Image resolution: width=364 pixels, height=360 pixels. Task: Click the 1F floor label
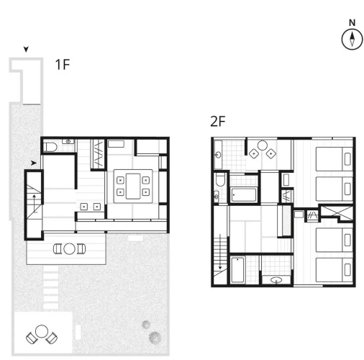click(x=63, y=65)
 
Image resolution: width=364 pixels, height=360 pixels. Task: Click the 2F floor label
click(x=218, y=121)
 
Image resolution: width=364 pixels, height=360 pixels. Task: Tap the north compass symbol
click(x=352, y=39)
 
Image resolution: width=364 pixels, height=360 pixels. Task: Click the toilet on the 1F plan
click(x=51, y=147)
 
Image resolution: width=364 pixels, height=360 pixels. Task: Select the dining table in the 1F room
click(x=133, y=186)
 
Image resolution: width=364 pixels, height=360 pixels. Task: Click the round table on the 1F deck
click(x=69, y=249)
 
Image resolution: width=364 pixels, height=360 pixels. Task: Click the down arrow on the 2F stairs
click(x=220, y=252)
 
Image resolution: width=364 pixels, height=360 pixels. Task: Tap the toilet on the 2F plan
click(x=220, y=179)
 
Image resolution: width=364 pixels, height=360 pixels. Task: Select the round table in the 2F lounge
click(x=263, y=145)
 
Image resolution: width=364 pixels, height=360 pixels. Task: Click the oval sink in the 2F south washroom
click(x=276, y=280)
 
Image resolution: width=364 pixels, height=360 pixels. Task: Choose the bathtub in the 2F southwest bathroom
click(x=237, y=270)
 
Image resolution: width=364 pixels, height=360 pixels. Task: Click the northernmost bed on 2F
click(x=335, y=159)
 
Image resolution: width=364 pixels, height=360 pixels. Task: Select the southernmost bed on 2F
click(x=335, y=269)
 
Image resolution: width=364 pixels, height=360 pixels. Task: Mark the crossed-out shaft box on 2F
click(x=337, y=212)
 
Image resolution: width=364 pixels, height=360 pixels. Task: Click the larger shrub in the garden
click(x=155, y=338)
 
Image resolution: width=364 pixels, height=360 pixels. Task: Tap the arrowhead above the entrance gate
click(x=26, y=49)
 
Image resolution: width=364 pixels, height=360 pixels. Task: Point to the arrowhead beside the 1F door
click(x=34, y=163)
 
